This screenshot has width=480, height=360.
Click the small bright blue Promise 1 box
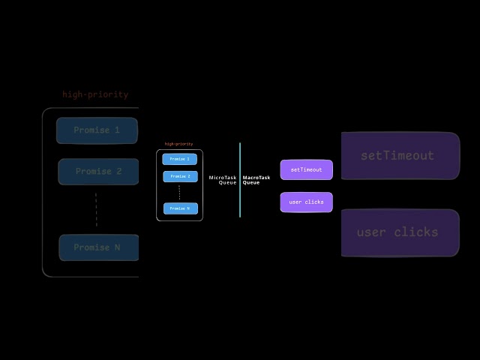tap(179, 159)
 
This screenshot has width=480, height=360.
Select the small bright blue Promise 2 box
tap(179, 177)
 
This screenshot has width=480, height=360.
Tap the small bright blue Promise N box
tap(179, 208)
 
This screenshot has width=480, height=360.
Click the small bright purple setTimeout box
tap(306, 169)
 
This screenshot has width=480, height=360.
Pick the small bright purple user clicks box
tap(306, 202)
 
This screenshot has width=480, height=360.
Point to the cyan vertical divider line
tap(240, 180)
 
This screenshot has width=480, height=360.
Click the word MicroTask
tap(223, 178)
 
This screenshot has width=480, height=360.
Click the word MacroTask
tap(256, 178)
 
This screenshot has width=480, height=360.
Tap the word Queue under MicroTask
tap(227, 183)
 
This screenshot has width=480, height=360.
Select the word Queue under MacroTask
tap(251, 183)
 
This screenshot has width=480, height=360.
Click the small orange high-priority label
tap(178, 144)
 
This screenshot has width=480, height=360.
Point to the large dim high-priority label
tap(95, 94)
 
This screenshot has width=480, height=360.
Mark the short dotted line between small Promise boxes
tap(179, 193)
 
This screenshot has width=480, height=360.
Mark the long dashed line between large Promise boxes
tap(96, 209)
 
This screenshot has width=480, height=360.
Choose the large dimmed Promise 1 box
tap(97, 130)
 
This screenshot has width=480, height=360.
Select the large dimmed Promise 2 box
tap(97, 172)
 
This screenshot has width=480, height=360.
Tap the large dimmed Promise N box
tap(98, 247)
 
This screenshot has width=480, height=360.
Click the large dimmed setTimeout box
tap(400, 156)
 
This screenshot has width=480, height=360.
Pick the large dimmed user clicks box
tap(400, 232)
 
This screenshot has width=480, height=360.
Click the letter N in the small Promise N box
tap(187, 208)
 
